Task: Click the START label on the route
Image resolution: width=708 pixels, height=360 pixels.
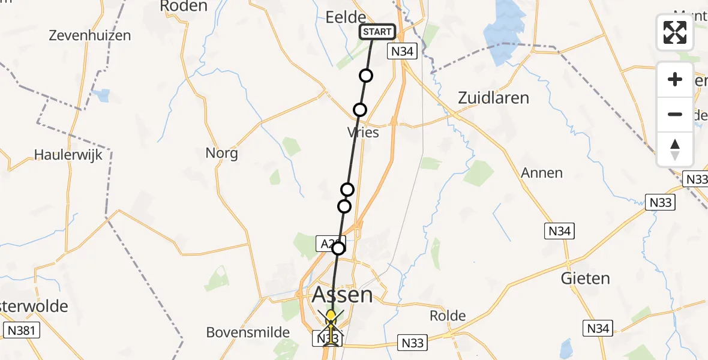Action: coord(377,32)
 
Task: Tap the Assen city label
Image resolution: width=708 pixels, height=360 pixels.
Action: coord(342,295)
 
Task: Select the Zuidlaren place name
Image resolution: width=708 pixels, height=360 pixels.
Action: coord(493,98)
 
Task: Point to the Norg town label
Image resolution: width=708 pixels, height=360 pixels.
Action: coord(222,153)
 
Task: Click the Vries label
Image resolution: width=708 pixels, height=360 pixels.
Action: coord(363,132)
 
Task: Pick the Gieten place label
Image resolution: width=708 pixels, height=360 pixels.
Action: coord(585,278)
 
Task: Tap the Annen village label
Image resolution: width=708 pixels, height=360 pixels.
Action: coord(542,173)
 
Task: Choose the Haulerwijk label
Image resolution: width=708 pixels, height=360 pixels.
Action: coord(68,154)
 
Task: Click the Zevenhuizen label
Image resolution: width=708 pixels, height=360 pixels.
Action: coord(91,35)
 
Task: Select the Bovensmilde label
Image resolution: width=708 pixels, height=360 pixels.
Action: coord(248,332)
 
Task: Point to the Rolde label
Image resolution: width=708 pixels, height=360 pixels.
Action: coord(448,316)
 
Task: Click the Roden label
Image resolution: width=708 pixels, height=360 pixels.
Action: coord(184,7)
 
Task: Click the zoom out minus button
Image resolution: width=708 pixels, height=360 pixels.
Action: coord(675,115)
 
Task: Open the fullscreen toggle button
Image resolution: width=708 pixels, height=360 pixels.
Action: coord(675,32)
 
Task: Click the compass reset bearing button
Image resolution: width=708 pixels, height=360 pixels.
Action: coord(675,149)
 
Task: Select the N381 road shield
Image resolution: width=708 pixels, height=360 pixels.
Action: coord(22,330)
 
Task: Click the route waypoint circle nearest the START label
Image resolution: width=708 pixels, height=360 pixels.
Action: coord(366,76)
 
